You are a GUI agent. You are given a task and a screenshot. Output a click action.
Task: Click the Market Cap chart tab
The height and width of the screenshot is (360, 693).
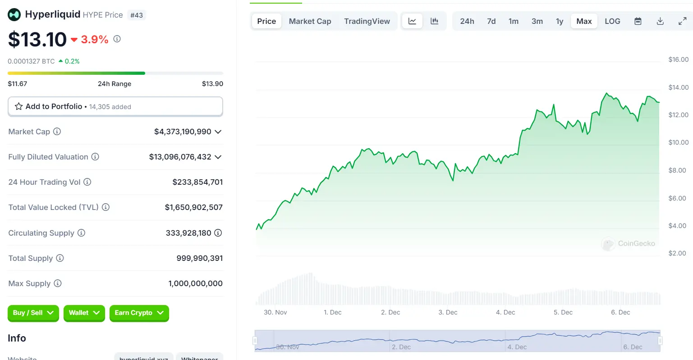point(310,21)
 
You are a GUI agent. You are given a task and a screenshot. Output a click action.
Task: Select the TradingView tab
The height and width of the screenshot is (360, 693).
point(367,21)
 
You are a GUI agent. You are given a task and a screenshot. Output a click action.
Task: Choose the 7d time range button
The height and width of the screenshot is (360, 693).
point(491,21)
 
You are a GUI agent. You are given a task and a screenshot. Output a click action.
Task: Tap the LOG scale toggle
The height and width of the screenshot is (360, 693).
point(612,21)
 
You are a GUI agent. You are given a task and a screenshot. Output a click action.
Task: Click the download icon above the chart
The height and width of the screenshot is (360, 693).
point(660,21)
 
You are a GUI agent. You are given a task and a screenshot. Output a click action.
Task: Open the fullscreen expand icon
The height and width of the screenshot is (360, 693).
point(682,21)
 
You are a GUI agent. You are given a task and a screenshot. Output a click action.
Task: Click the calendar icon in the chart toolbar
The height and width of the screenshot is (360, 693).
point(638,21)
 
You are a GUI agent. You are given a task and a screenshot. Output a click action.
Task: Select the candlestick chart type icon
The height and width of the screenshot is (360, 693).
point(434,21)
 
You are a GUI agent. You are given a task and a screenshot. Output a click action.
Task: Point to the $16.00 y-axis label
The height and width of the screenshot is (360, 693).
point(678,59)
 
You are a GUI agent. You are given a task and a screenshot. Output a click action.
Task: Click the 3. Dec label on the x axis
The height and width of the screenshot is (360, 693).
point(448,312)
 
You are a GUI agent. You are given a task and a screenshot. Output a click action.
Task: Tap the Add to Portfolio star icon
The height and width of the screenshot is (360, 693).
point(18,106)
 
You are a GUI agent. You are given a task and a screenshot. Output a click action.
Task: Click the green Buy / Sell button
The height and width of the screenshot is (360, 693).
point(33,313)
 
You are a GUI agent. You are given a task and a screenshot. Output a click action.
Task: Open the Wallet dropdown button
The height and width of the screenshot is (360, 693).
point(84,313)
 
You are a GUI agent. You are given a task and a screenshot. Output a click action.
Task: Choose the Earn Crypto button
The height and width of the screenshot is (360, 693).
point(139,313)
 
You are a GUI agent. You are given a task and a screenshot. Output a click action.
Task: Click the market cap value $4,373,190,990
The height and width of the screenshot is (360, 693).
point(183,132)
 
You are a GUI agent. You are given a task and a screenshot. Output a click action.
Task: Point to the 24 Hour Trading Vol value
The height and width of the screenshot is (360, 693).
point(197,182)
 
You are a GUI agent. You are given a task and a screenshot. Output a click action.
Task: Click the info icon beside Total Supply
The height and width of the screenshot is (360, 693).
point(60,258)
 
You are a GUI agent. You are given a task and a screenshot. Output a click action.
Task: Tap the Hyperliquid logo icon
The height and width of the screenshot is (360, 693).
point(14,15)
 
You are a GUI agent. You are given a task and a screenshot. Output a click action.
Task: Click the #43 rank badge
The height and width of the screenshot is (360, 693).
point(137,15)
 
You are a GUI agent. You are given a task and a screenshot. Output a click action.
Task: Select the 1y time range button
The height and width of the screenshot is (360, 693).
point(560,21)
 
